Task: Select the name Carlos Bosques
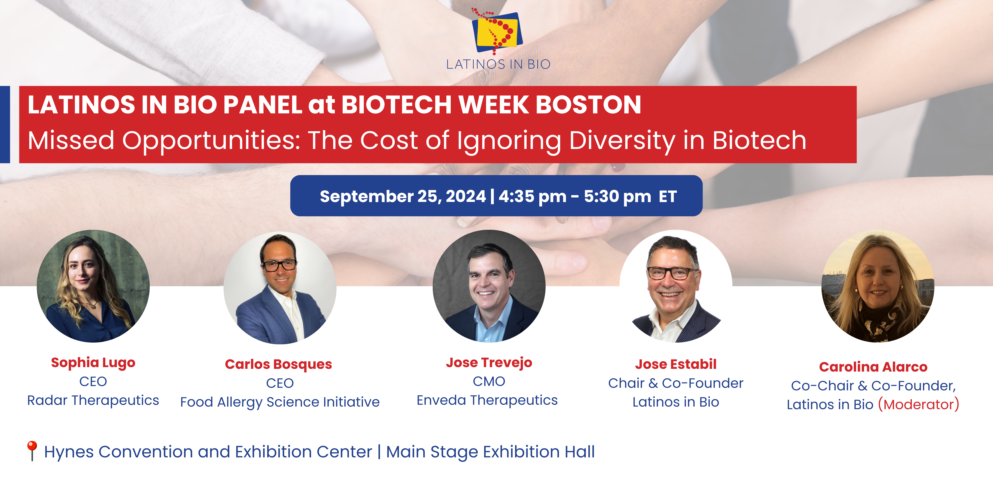278,364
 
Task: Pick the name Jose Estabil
676,364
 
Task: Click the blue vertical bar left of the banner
5,124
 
